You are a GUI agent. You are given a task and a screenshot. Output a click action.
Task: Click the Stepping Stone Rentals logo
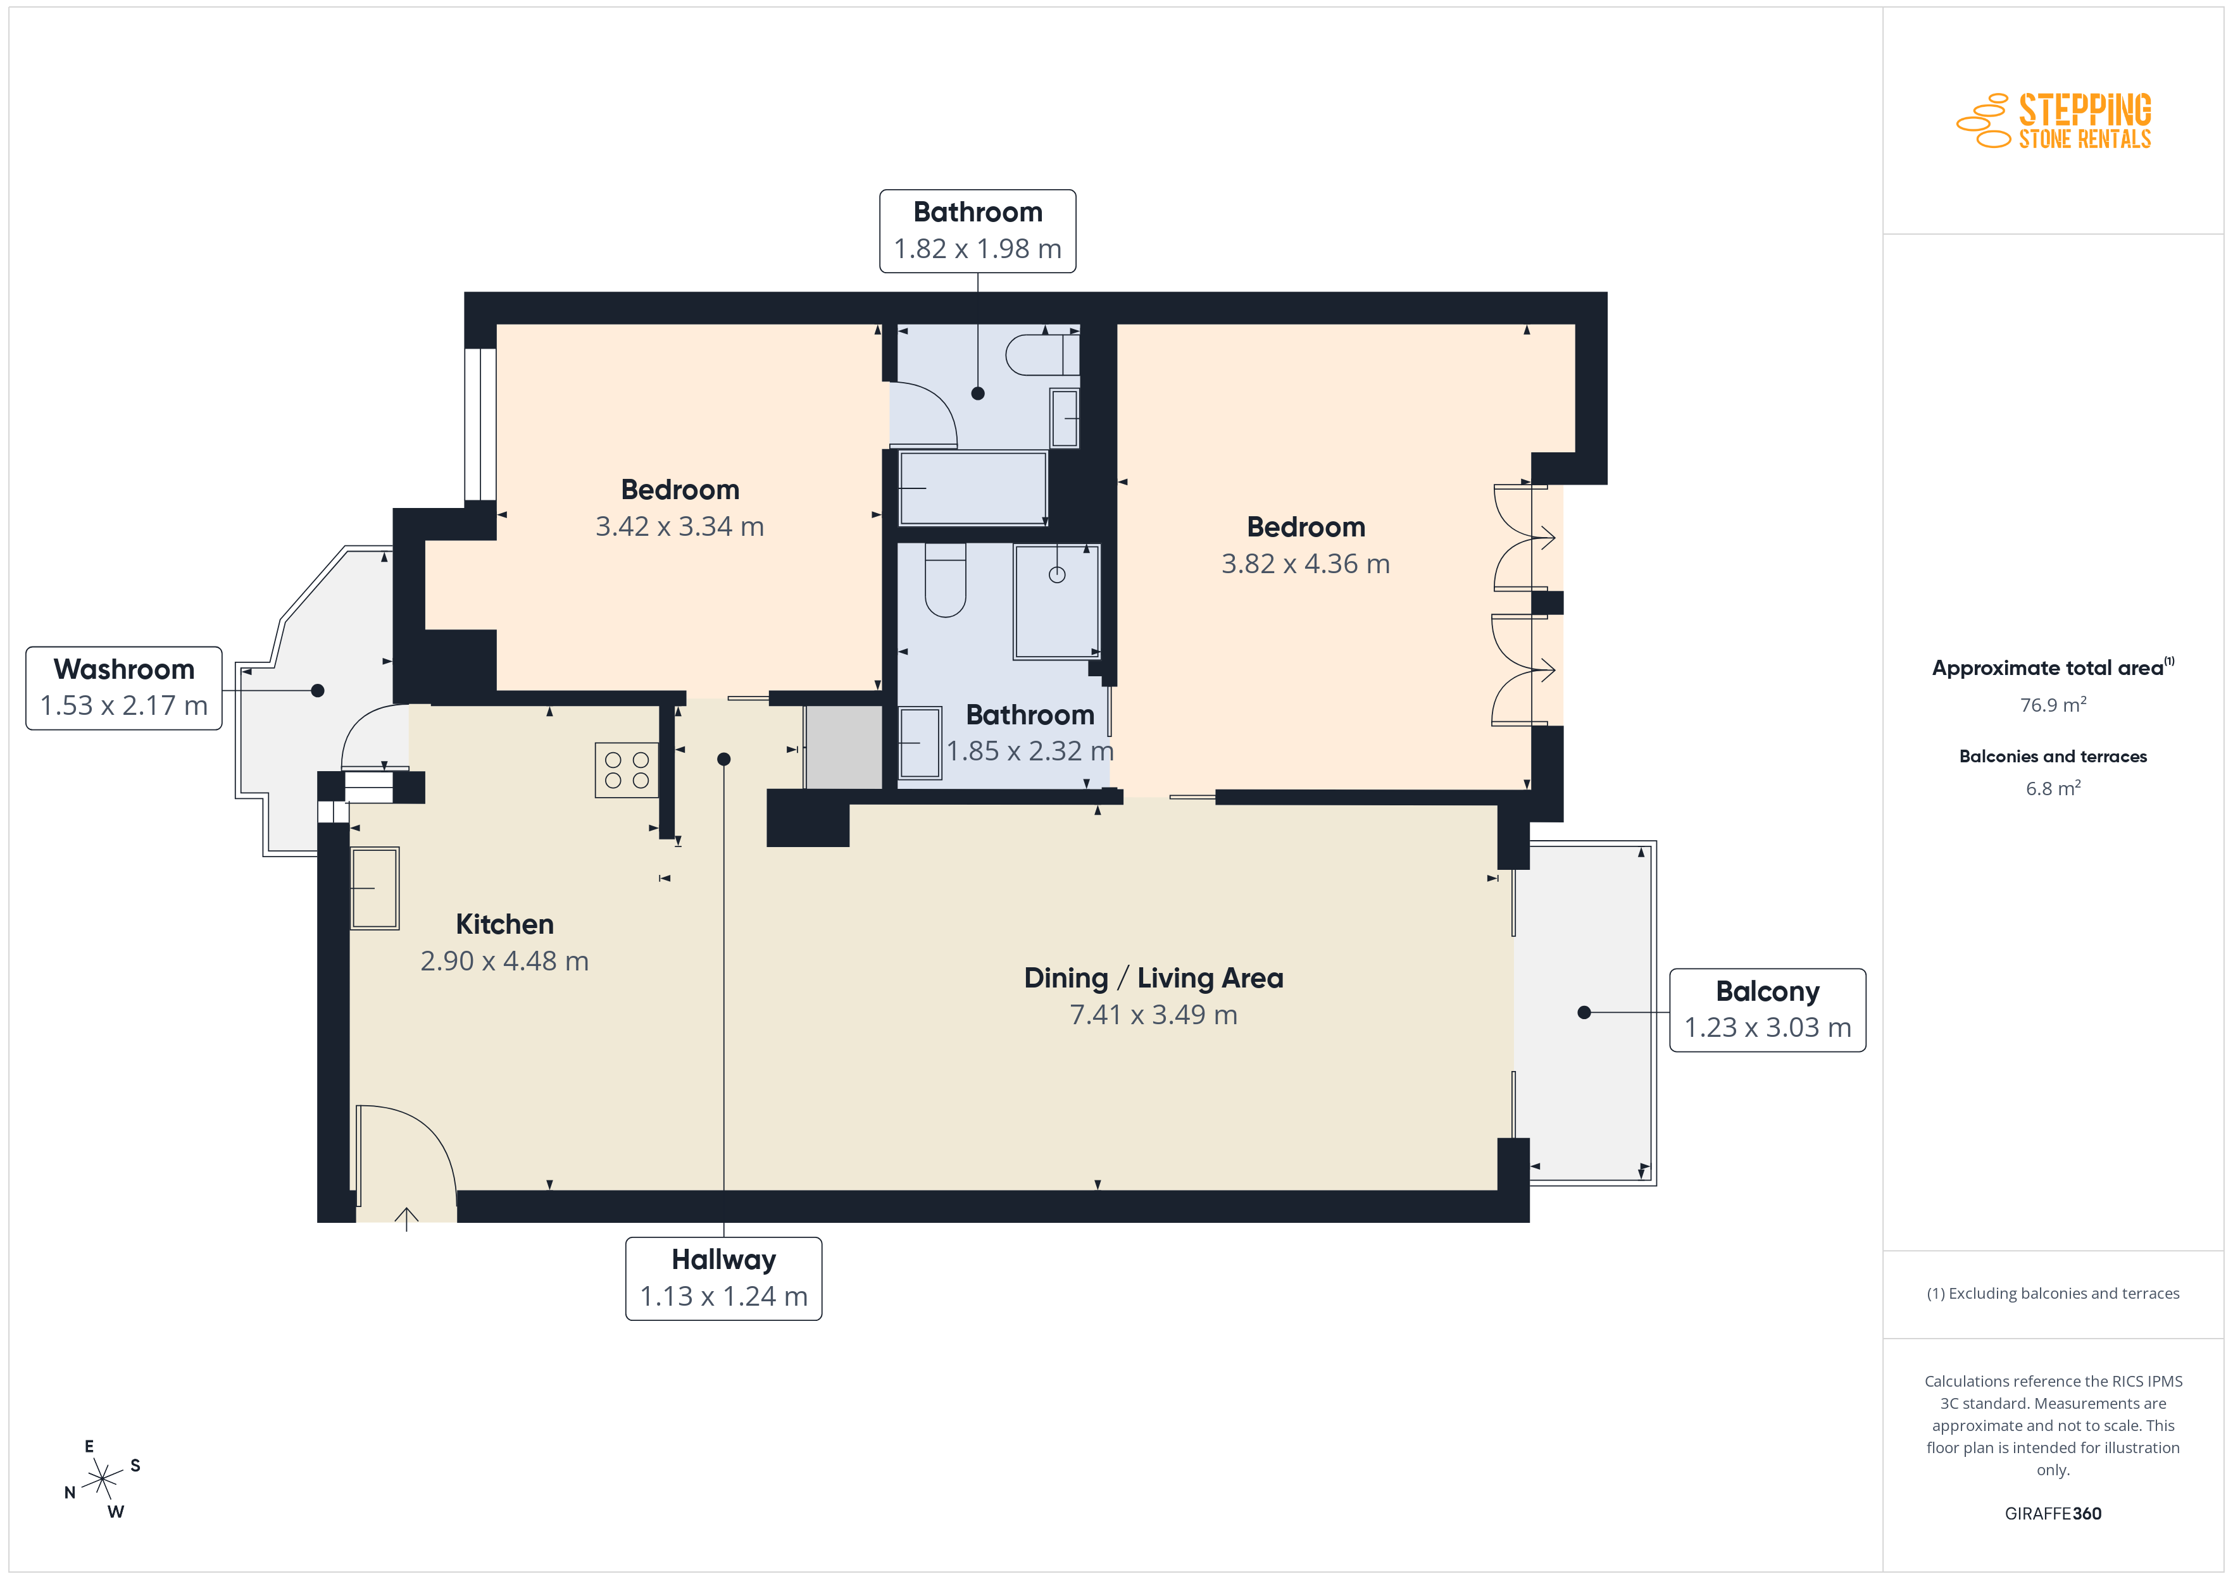2053,121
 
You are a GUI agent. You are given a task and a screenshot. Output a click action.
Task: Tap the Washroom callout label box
123,688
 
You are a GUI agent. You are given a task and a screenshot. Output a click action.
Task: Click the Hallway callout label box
723,1278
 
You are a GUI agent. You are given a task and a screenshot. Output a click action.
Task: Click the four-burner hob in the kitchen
627,770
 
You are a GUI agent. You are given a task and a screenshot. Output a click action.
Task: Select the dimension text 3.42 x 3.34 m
680,526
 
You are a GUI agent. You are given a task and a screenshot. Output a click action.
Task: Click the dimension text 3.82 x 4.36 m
1305,564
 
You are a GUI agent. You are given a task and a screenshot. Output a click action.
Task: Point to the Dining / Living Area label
1153,978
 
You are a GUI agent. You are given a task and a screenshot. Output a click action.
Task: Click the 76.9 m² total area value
2053,704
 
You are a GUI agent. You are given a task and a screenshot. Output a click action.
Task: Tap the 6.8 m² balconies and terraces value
2053,788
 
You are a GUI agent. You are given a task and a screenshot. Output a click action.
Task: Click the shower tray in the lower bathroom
1056,602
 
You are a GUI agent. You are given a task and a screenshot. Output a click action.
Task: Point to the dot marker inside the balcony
1584,1012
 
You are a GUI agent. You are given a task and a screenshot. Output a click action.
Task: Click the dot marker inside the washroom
317,690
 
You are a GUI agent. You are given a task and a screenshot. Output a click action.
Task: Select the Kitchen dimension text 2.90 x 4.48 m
504,961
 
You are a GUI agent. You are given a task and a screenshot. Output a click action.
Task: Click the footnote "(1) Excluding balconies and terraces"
2053,1293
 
